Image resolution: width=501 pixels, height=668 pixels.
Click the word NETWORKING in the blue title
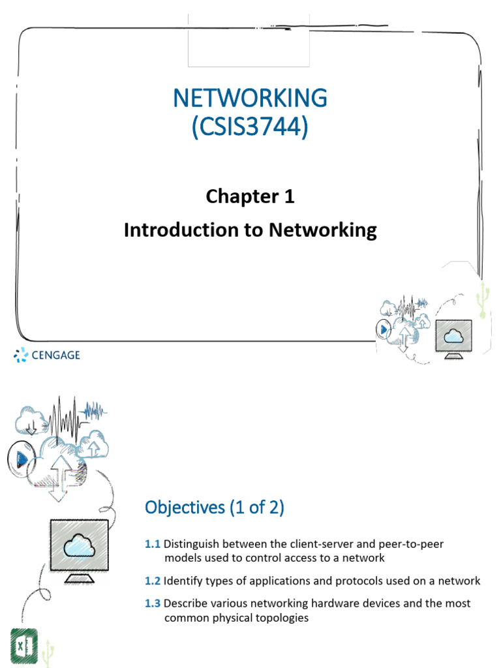(x=250, y=98)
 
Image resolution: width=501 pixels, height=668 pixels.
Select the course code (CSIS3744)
(x=250, y=125)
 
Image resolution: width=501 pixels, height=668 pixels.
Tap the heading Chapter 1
(x=250, y=196)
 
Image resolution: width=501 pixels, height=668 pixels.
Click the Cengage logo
(x=47, y=356)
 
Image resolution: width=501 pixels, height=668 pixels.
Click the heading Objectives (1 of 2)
(x=214, y=508)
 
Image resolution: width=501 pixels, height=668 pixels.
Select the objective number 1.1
(x=153, y=543)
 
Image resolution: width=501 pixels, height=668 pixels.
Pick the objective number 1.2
(x=153, y=581)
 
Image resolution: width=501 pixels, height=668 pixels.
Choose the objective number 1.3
(x=153, y=603)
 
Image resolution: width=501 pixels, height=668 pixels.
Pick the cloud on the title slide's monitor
(x=452, y=337)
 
